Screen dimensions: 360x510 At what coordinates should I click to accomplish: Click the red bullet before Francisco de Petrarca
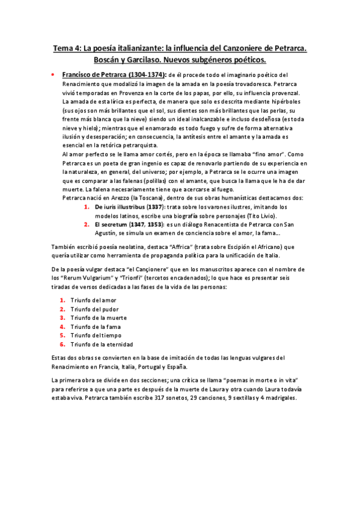point(55,75)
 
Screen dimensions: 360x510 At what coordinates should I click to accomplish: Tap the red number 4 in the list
point(62,327)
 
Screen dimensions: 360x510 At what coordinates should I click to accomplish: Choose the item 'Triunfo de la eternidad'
point(102,344)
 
